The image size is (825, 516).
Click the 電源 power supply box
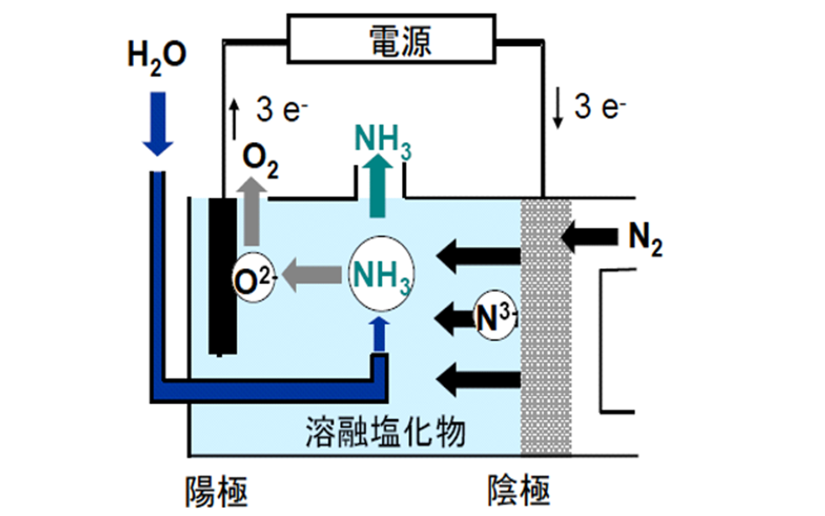(x=391, y=39)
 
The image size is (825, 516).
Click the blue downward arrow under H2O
(x=158, y=124)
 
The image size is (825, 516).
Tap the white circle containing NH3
(x=382, y=273)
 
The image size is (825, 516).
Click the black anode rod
(x=223, y=277)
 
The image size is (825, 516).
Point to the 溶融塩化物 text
(x=386, y=431)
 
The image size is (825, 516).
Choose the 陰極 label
(x=519, y=490)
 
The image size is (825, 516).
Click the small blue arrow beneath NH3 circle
(x=380, y=334)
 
